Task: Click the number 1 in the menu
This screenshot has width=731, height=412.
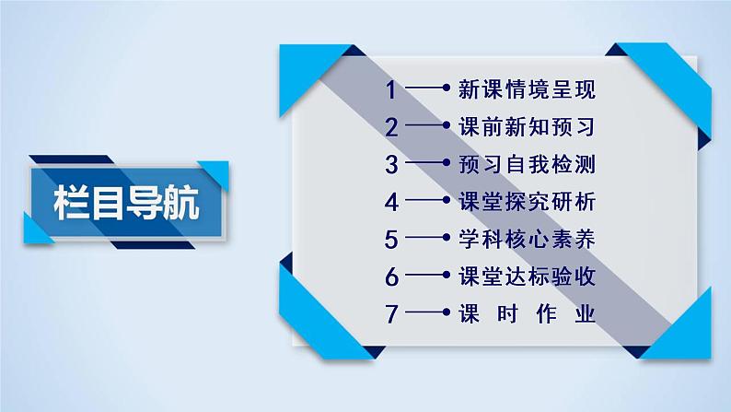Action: click(x=391, y=90)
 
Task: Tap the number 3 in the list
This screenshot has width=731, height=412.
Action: click(x=391, y=165)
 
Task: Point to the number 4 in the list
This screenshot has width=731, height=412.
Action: click(x=391, y=202)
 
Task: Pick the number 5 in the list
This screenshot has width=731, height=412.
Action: click(x=391, y=239)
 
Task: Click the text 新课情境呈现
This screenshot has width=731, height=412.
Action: click(x=527, y=90)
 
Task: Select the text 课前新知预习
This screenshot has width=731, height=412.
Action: click(x=527, y=127)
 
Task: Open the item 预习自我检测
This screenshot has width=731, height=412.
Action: click(x=527, y=165)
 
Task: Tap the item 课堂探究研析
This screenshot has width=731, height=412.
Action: click(x=527, y=202)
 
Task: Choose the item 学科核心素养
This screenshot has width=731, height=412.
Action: click(x=527, y=239)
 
